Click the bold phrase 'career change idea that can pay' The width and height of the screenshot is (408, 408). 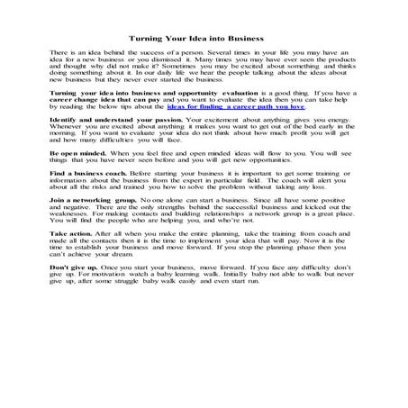tap(103, 123)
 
